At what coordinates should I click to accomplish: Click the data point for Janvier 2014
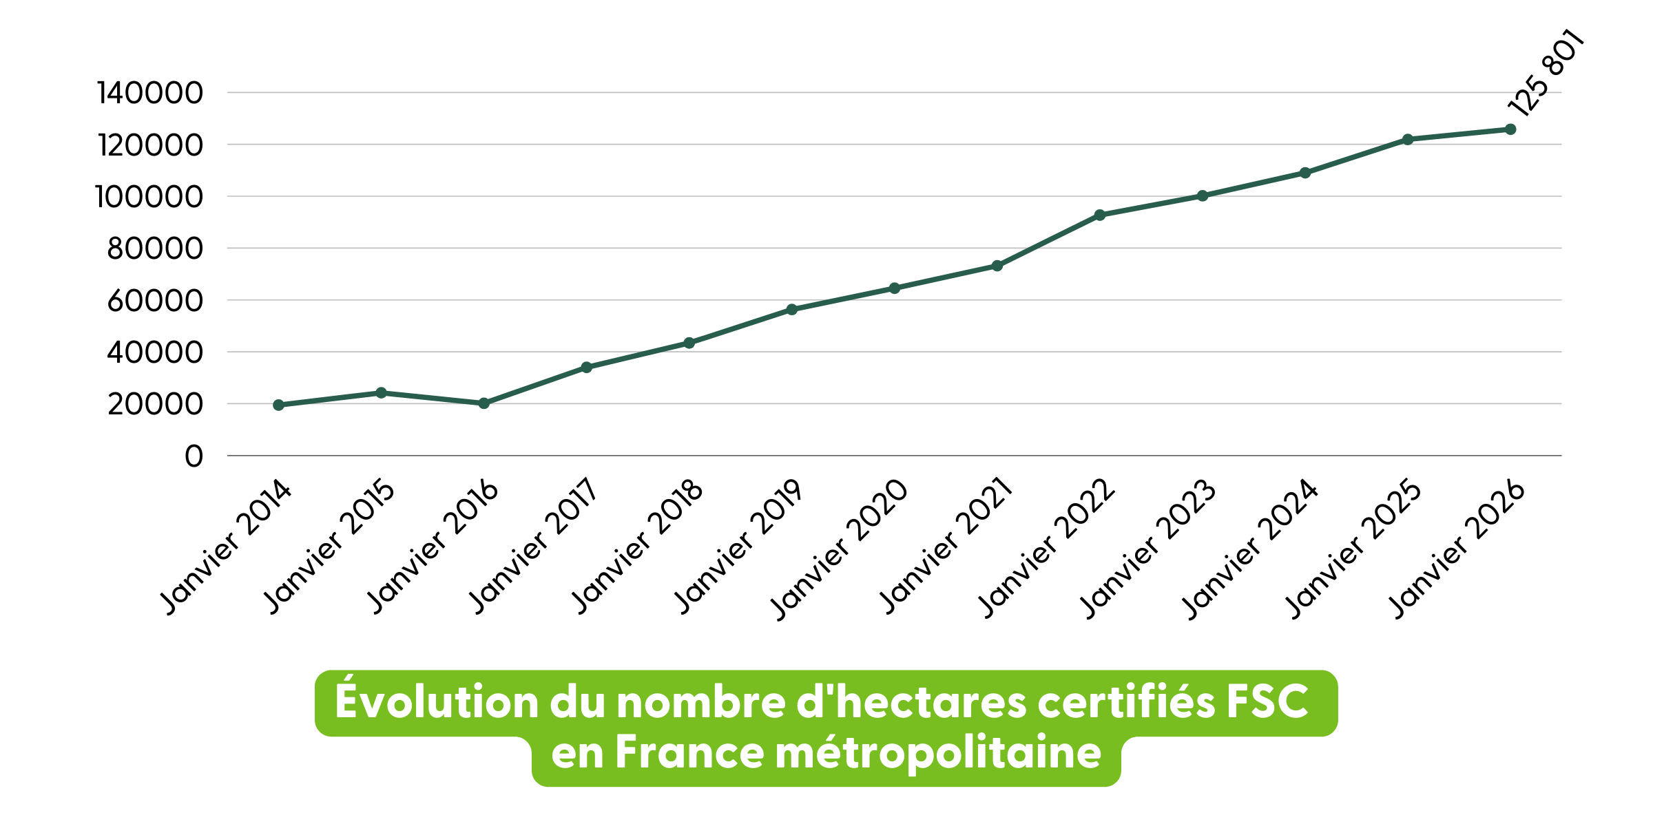[x=278, y=405]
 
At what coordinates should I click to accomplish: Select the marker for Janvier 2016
[x=484, y=403]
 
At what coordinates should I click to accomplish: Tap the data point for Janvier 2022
[x=1099, y=215]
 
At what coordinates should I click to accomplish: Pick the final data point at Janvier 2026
[x=1510, y=129]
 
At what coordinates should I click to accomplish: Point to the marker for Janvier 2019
[x=792, y=310]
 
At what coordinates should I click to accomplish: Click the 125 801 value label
[x=1546, y=74]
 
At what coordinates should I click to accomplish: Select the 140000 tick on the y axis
[x=150, y=93]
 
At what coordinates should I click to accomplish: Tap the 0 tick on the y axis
[x=194, y=456]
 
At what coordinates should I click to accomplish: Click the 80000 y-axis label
[x=155, y=248]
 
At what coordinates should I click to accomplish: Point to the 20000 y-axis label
[x=155, y=404]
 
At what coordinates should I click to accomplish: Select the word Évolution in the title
[x=437, y=702]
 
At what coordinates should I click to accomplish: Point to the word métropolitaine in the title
[x=938, y=752]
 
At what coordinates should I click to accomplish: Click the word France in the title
[x=689, y=752]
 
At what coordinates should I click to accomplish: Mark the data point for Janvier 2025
[x=1408, y=140]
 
